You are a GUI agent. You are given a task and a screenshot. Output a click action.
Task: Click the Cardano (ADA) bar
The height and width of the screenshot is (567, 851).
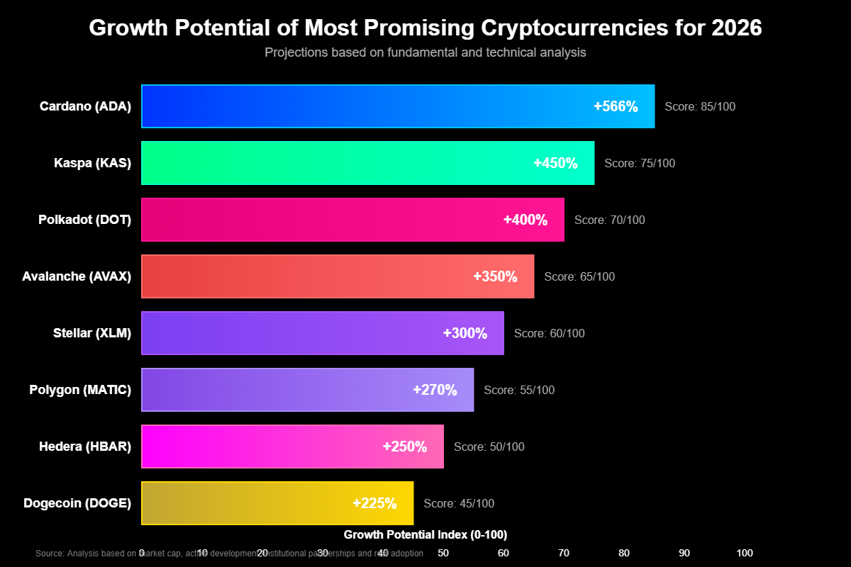[355, 106]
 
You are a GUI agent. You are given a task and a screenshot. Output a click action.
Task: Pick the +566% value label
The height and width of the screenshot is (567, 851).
[616, 106]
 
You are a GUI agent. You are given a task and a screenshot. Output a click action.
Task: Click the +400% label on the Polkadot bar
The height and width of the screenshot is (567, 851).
[525, 220]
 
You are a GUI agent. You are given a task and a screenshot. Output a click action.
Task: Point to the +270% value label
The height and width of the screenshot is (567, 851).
[435, 390]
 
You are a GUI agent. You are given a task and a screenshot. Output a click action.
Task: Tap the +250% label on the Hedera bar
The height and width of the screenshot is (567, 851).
[404, 447]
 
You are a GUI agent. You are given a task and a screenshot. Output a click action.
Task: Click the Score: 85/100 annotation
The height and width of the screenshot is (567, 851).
[700, 106]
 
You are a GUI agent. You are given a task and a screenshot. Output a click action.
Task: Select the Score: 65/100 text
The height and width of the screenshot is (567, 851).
[579, 276]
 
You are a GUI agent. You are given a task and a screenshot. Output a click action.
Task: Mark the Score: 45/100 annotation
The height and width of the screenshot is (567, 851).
[459, 503]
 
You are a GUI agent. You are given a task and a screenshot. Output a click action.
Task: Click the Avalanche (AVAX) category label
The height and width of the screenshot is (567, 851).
[77, 276]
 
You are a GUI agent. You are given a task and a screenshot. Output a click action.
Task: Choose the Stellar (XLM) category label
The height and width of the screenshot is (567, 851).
[92, 333]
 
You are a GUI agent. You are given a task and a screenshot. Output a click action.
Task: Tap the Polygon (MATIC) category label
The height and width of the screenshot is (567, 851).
[80, 390]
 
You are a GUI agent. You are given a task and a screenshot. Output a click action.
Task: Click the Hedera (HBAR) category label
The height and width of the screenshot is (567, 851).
[85, 447]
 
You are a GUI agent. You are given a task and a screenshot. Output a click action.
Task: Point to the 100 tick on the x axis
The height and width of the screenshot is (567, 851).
[745, 553]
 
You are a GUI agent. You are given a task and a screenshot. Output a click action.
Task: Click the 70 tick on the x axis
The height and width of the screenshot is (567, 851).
[564, 553]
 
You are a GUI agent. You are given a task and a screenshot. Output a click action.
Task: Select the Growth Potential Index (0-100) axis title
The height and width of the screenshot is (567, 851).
[425, 534]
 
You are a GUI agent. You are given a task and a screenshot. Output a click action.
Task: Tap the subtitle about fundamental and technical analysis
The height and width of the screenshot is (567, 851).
[425, 52]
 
